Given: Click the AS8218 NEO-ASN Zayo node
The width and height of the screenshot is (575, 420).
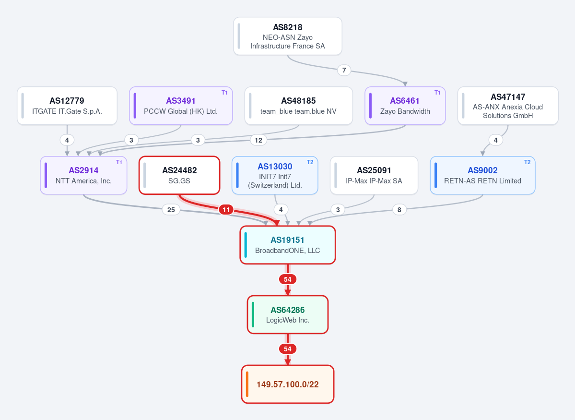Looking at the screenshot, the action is (x=288, y=36).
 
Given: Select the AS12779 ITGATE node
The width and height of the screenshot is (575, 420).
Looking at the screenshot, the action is (x=67, y=106).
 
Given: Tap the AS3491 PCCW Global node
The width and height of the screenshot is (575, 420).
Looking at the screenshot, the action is (x=181, y=106).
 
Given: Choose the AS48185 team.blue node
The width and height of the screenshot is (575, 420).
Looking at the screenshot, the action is (x=298, y=106).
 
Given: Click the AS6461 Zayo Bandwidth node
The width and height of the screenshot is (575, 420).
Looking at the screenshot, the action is (x=405, y=106).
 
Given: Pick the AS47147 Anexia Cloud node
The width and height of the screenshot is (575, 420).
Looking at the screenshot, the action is (x=508, y=106).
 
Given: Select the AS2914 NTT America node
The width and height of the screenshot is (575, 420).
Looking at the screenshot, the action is (x=83, y=175).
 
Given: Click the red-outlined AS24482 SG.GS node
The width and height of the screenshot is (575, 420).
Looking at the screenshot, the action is (x=179, y=175).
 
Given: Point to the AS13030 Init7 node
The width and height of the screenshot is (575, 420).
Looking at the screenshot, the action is (x=275, y=175).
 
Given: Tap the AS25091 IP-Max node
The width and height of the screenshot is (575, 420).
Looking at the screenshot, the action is (x=374, y=175).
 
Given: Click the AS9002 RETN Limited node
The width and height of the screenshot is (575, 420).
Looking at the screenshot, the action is (x=482, y=175).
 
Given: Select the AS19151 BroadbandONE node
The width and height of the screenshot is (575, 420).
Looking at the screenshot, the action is (x=288, y=245).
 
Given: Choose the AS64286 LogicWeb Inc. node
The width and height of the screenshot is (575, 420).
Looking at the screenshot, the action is (x=288, y=314).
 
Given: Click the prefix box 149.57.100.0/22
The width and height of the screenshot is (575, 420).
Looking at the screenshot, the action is (x=288, y=384).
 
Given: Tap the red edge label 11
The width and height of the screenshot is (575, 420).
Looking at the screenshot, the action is (x=226, y=210).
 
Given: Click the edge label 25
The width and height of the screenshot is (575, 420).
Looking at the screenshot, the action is (x=171, y=210).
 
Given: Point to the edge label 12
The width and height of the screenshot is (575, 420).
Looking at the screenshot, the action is (x=258, y=140).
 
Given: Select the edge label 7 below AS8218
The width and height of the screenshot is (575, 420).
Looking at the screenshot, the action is (x=344, y=70).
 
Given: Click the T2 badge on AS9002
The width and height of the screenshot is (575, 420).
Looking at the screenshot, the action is (x=528, y=162).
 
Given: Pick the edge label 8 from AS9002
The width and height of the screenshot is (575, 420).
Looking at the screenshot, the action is (x=399, y=210).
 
